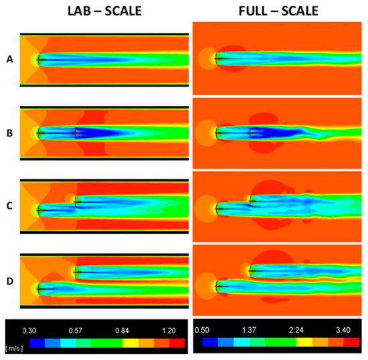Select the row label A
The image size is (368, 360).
[x=9, y=60]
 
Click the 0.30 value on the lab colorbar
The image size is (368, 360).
[x=28, y=330]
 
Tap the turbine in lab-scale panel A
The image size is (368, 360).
[x=39, y=60]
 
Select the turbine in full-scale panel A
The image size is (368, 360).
[x=216, y=60]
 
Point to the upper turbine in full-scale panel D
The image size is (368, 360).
[x=251, y=270]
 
